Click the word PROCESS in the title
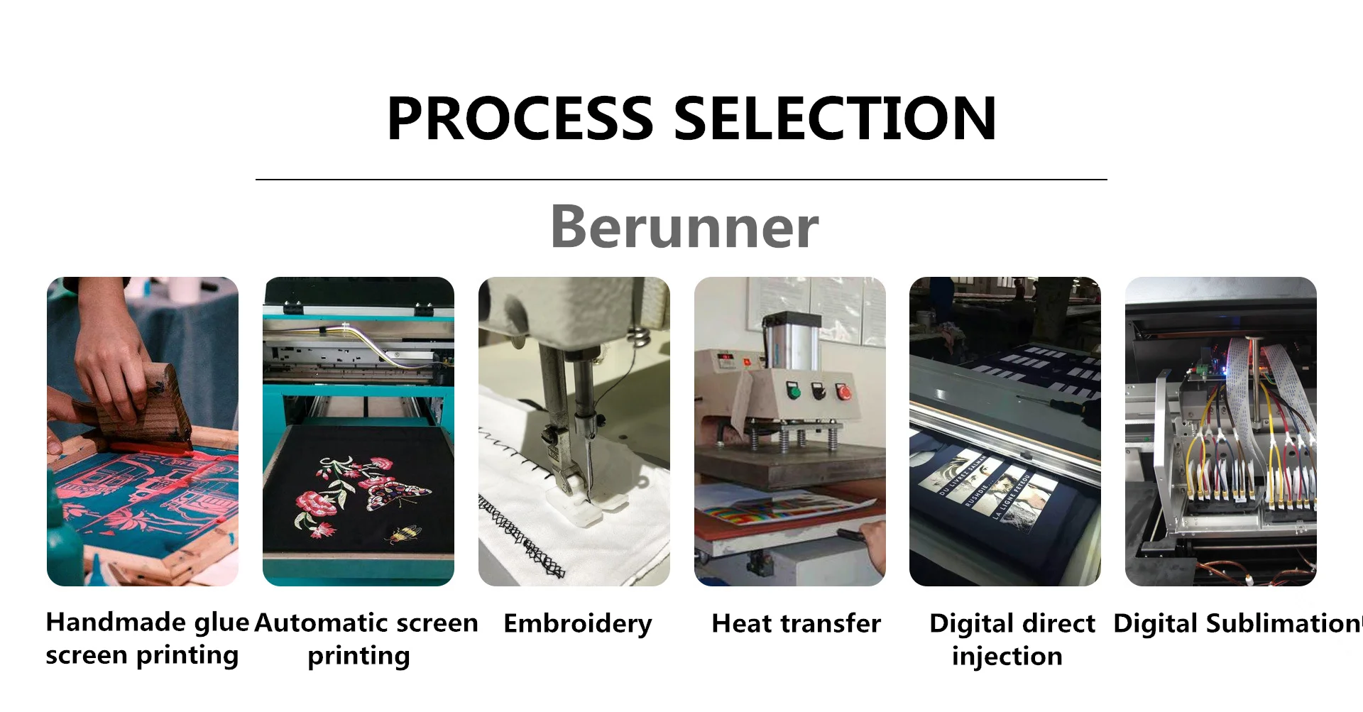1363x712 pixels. (520, 119)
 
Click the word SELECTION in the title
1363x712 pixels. (835, 119)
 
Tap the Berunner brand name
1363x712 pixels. (684, 226)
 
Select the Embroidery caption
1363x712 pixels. (577, 624)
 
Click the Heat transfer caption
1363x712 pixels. (796, 623)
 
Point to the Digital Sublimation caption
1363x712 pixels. (1237, 623)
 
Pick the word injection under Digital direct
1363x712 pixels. (1007, 656)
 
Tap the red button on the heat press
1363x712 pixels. (843, 391)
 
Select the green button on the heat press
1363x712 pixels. (794, 391)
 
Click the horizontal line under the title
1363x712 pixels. (681, 180)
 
